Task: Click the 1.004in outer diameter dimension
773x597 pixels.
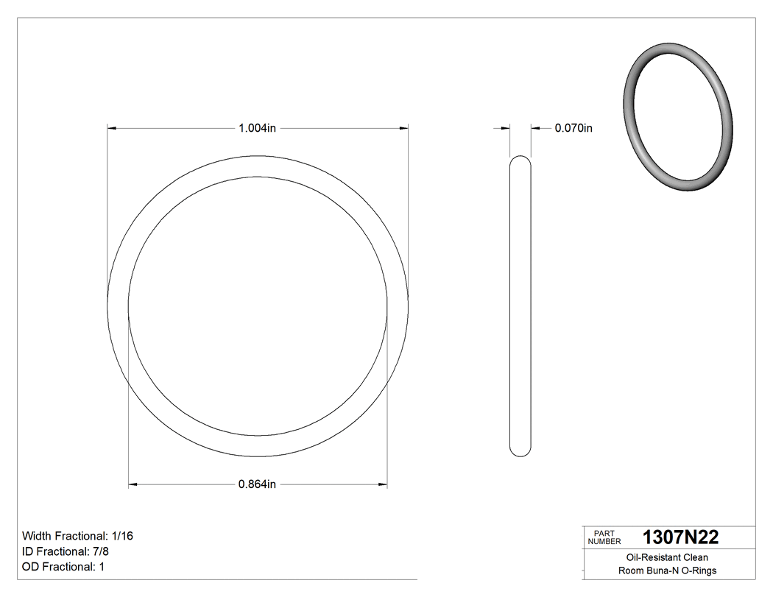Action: click(257, 128)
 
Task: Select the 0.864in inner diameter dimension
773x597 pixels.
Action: click(257, 484)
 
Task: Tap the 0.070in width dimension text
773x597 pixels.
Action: click(573, 128)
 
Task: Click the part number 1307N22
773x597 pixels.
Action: click(680, 537)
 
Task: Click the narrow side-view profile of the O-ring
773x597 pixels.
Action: click(520, 305)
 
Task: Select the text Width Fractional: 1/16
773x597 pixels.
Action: click(77, 536)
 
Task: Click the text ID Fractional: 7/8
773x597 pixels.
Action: click(67, 551)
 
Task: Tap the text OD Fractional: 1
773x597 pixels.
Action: click(64, 567)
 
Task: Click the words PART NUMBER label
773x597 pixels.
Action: click(605, 537)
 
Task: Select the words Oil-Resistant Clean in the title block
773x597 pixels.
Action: click(667, 558)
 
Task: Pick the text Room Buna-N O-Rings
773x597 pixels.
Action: click(667, 570)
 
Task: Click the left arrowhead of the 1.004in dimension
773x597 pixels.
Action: click(113, 128)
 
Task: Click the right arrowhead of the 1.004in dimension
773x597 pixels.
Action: click(404, 128)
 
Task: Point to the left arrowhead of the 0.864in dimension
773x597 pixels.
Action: click(133, 484)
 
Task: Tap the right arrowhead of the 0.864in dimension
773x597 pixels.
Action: click(383, 484)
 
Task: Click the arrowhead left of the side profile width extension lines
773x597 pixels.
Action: click(505, 128)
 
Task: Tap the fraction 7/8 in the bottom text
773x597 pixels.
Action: click(102, 551)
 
